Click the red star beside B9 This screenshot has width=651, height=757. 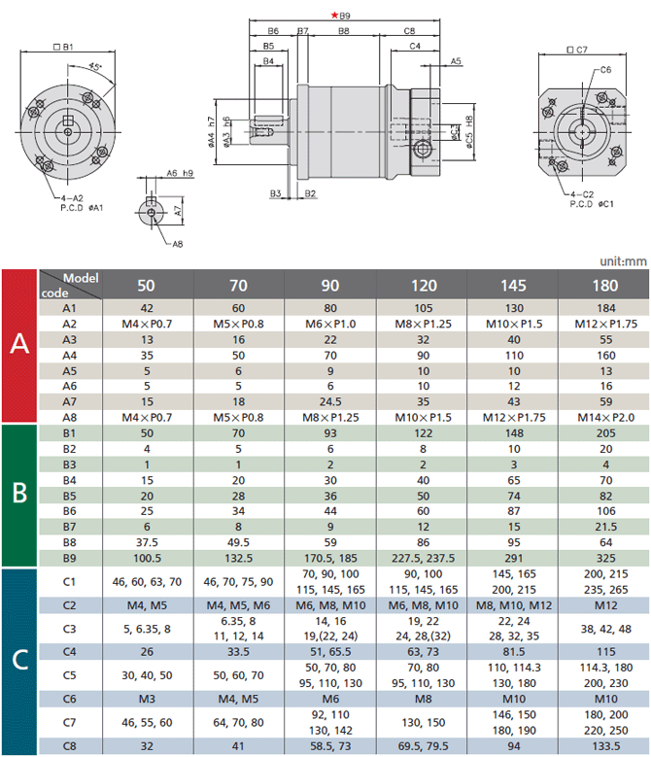[x=334, y=15]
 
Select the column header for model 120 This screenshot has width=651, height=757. [x=424, y=286]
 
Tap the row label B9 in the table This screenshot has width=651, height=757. [x=70, y=558]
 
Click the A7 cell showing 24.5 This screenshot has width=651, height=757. [x=330, y=401]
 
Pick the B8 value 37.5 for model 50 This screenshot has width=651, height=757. [x=147, y=542]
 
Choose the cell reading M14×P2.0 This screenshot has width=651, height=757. [x=605, y=418]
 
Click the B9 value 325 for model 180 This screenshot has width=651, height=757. [x=605, y=558]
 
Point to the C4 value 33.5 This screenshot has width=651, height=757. [x=238, y=652]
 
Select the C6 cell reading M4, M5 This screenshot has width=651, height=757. [x=238, y=699]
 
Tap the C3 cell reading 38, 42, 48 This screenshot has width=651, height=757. [x=605, y=629]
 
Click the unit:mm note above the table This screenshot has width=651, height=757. [x=623, y=261]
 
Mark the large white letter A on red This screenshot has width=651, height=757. [x=19, y=343]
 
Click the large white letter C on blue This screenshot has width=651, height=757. [x=19, y=660]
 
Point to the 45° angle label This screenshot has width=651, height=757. [x=95, y=66]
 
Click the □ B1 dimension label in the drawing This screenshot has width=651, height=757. [x=63, y=47]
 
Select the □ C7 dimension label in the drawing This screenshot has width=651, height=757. [x=577, y=50]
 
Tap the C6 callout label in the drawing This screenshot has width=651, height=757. [x=606, y=70]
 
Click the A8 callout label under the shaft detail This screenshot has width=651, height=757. [x=178, y=244]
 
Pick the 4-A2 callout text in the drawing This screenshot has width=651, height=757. [x=72, y=198]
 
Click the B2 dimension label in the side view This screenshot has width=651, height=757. [x=310, y=193]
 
